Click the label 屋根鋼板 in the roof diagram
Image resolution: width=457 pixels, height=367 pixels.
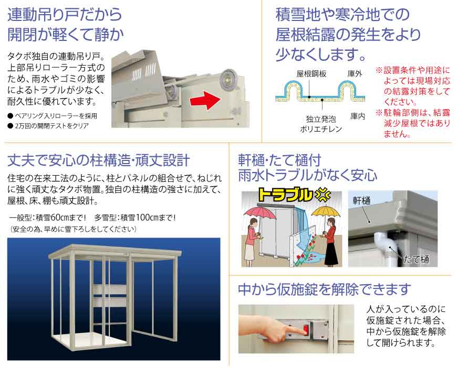click(311, 74)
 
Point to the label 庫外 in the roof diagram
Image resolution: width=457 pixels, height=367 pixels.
click(355, 74)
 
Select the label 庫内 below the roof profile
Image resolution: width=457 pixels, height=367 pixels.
click(358, 116)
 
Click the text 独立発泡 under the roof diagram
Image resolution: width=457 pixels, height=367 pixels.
click(320, 119)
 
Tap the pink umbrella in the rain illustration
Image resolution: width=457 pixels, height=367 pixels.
click(259, 212)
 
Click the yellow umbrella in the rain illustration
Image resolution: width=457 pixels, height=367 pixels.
click(326, 212)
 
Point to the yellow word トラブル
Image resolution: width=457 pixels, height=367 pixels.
click(285, 196)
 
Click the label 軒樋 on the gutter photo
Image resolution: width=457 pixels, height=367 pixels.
click(361, 200)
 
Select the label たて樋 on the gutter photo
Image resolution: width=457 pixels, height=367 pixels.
click(416, 259)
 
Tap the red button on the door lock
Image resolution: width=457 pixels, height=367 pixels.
click(305, 329)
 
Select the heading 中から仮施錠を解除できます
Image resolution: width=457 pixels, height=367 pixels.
click(325, 289)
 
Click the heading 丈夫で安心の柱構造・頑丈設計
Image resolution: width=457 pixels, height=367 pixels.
click(99, 160)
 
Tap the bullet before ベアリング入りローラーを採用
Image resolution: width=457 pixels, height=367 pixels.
click(11, 116)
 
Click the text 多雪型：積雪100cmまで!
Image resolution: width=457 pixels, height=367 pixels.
click(135, 217)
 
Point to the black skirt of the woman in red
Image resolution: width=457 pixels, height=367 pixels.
click(331, 253)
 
